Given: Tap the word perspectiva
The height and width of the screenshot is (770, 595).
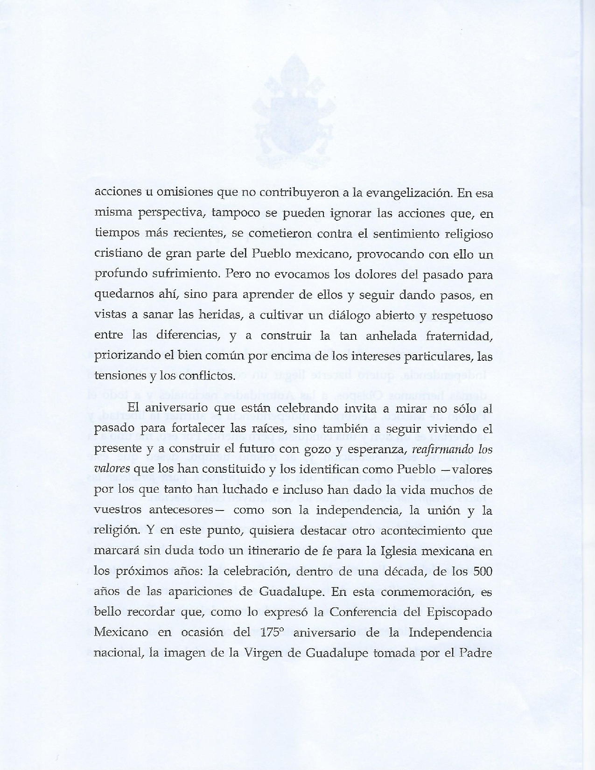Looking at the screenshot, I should pyautogui.click(x=171, y=213).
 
